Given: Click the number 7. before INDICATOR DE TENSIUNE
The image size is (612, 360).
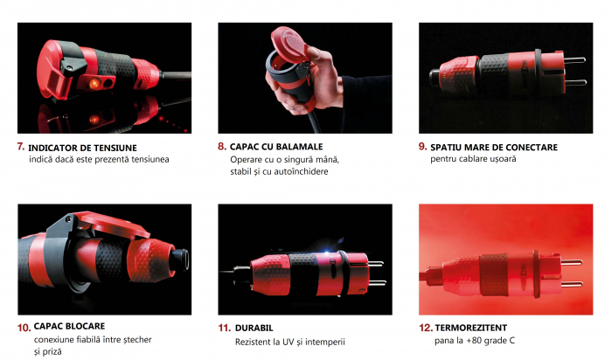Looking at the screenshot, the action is point(21,147).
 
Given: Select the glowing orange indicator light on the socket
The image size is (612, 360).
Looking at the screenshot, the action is point(94,83).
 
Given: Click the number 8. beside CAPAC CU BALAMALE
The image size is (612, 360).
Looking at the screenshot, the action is point(222,147).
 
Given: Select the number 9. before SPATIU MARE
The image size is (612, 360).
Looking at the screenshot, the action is point(422,147).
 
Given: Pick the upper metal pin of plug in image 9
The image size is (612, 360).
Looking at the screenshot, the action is point(575,60).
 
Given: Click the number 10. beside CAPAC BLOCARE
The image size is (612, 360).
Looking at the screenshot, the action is point(24,328).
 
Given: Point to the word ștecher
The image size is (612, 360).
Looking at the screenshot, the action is point(137,340).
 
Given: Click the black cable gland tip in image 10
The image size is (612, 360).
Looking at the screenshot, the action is point(180,259).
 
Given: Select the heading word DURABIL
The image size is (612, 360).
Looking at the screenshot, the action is point(254,328).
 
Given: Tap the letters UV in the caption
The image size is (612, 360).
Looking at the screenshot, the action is point(289,342).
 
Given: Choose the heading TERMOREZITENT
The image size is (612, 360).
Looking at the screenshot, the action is point(471,328).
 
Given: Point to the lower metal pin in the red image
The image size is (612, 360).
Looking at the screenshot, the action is point(572,284).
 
